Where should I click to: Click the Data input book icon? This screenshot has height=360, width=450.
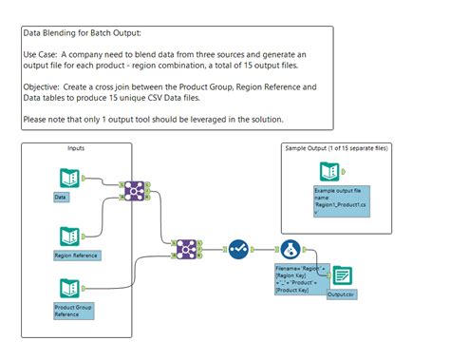tap(69, 177)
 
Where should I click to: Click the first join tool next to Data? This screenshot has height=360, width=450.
tap(134, 190)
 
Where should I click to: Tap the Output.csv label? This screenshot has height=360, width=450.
tap(342, 295)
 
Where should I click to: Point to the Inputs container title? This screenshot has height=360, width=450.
tap(76, 149)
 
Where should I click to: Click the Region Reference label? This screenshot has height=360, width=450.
tap(77, 256)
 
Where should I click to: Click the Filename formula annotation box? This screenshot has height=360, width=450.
tap(300, 280)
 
